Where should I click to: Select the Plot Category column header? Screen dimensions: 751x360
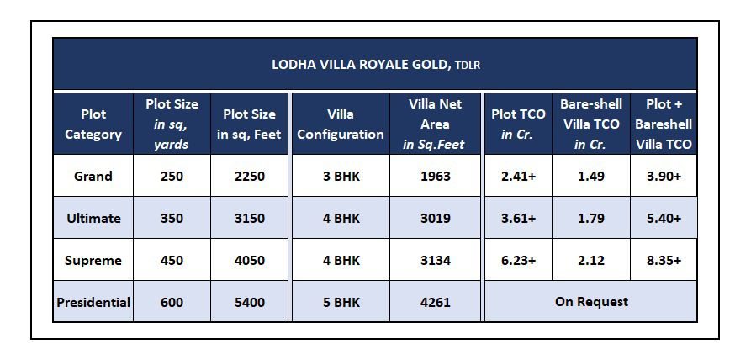tap(93, 124)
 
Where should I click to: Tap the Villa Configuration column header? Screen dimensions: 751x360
tap(341, 124)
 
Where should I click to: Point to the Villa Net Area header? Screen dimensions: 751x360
tap(436, 124)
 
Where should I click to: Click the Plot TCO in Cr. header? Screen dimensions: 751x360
tap(518, 124)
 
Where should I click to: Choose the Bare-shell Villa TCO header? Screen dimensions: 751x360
tap(591, 124)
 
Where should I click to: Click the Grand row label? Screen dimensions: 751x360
tap(93, 176)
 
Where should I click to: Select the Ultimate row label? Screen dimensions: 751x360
tap(93, 219)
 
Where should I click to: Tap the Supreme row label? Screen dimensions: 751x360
tap(93, 261)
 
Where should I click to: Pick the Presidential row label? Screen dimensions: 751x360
tap(93, 303)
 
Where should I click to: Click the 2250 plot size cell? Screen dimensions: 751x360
tap(250, 176)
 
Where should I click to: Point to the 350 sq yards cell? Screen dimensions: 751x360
tap(172, 219)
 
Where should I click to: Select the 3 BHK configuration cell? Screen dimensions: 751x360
tap(341, 176)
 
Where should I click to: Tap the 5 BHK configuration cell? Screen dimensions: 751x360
tap(341, 303)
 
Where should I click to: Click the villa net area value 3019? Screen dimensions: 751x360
tap(436, 219)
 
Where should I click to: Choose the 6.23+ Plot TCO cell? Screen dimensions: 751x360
tap(518, 261)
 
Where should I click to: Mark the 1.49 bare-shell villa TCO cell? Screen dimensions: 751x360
tap(591, 176)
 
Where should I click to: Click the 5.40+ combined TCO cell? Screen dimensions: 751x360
tap(664, 219)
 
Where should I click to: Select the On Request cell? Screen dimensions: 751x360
tap(591, 302)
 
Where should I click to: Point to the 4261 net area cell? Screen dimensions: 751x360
tap(436, 303)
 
